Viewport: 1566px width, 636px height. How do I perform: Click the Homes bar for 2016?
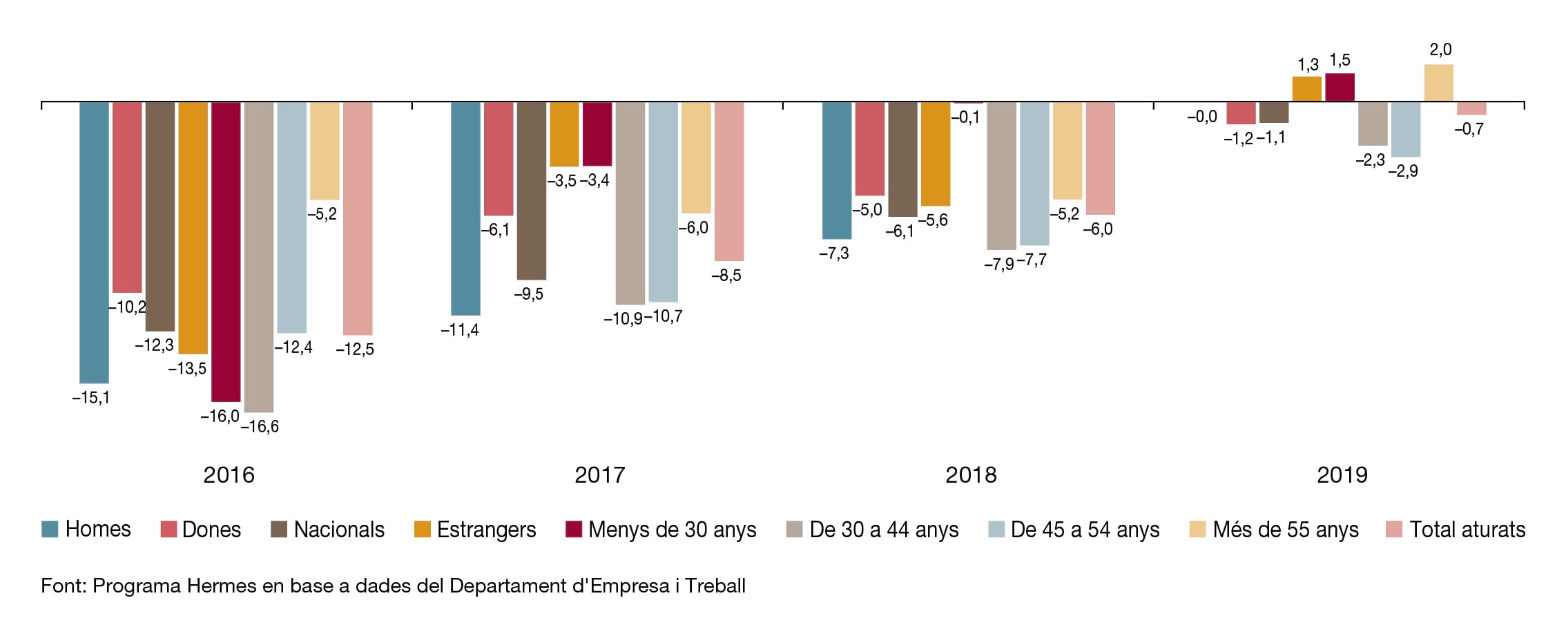point(94,242)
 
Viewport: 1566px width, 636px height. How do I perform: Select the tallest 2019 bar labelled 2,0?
point(1439,84)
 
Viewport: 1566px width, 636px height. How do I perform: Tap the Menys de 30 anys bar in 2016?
point(226,251)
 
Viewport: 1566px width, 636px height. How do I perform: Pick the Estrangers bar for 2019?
point(1307,89)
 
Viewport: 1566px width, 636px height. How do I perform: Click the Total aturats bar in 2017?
point(729,181)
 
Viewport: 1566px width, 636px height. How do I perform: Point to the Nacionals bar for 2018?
point(902,159)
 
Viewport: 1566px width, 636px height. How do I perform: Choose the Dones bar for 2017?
point(499,159)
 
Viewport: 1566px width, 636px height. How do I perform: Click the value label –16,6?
point(260,427)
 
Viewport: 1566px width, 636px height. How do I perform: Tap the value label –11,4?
point(460,330)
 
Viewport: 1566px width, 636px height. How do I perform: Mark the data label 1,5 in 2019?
point(1340,61)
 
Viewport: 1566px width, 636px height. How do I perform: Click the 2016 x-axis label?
point(229,475)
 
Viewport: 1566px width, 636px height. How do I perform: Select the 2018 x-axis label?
point(971,475)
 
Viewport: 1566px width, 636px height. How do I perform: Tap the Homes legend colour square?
point(50,530)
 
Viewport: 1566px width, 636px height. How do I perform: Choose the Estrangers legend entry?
point(475,530)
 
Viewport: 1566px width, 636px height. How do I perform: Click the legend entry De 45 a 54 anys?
point(1074,530)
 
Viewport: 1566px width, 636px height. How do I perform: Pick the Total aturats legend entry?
point(1456,530)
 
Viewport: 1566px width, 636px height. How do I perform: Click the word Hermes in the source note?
point(222,586)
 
